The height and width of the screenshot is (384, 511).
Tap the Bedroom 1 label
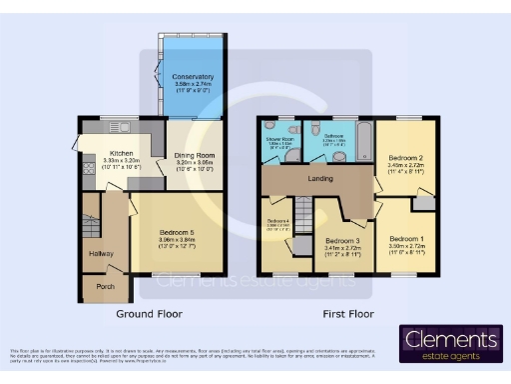click(x=407, y=239)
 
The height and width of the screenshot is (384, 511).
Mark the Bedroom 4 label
click(x=276, y=221)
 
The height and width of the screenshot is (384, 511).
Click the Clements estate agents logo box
click(x=451, y=344)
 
